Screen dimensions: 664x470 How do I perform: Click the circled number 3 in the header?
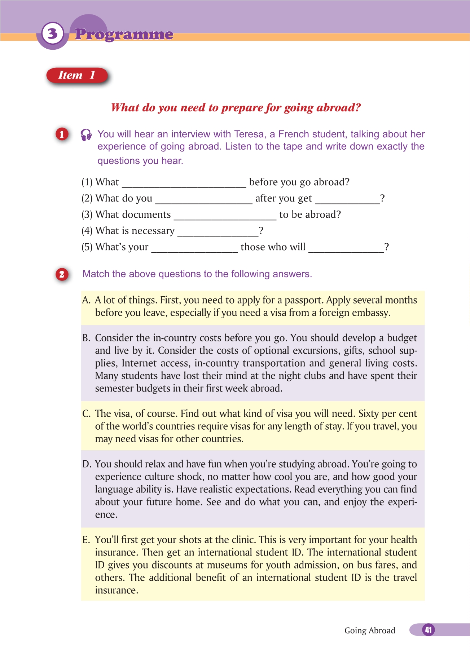pyautogui.click(x=53, y=34)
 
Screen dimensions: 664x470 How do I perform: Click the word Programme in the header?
pyautogui.click(x=124, y=34)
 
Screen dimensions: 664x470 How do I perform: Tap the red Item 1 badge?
pyautogui.click(x=77, y=75)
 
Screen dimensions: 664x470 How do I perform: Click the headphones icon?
pyautogui.click(x=86, y=135)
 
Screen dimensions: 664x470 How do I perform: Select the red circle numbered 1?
pyautogui.click(x=62, y=134)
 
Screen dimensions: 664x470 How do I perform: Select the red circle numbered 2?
pyautogui.click(x=62, y=274)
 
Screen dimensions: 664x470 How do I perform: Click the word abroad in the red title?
pyautogui.click(x=338, y=108)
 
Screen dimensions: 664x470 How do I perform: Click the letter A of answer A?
pyautogui.click(x=86, y=300)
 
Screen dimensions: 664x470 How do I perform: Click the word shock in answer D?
pyautogui.click(x=189, y=477)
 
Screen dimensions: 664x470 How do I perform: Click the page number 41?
pyautogui.click(x=428, y=630)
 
